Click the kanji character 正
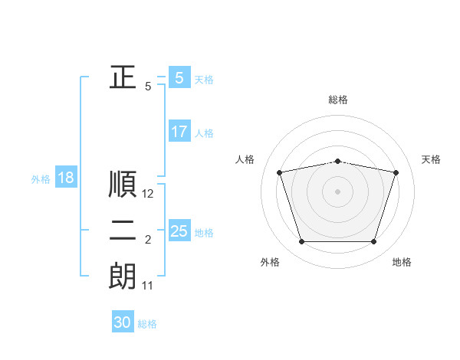click(123, 77)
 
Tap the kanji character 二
click(123, 231)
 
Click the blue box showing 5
click(179, 77)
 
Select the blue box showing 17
click(179, 132)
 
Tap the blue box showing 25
click(179, 231)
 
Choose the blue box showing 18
click(66, 178)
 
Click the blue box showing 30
click(123, 322)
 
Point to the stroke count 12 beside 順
click(148, 195)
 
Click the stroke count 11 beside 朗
click(148, 286)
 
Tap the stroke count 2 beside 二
click(148, 241)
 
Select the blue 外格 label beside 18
click(41, 179)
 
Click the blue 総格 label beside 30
click(147, 324)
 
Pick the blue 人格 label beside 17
click(204, 133)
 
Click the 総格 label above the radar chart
click(338, 100)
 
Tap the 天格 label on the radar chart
click(432, 159)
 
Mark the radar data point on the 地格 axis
click(374, 242)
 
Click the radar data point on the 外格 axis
click(301, 242)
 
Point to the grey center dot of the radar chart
click(337, 191)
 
